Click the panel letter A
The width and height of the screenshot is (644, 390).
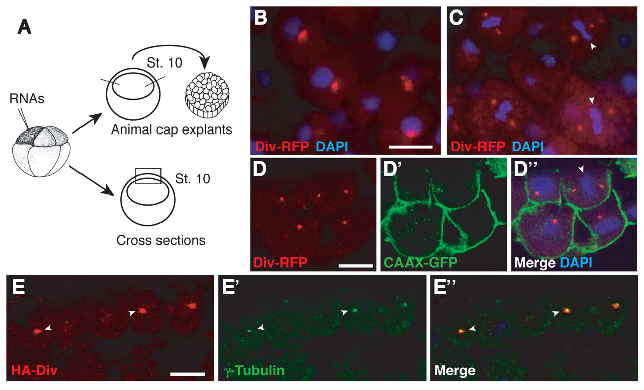pos(24,28)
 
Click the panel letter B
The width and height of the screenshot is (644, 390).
pos(261,18)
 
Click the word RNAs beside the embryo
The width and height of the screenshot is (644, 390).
pos(27,99)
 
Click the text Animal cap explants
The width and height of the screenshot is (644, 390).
pos(172,129)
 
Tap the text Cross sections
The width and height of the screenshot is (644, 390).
pos(161,240)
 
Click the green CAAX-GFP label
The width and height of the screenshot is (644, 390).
pos(421,263)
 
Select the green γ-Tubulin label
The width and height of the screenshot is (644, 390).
pos(254,370)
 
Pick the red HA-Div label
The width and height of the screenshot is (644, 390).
pos(34,370)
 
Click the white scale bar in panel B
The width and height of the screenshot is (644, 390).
pos(411,147)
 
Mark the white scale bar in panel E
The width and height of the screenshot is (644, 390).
pos(188,374)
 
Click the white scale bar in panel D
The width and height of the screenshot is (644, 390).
pos(356,265)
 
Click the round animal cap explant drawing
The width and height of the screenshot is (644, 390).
pos(207,95)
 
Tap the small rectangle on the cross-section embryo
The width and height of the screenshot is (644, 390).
pos(148,176)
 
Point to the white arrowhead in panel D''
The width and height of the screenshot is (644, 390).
pos(581,169)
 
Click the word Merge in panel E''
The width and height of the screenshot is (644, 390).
pos(455,370)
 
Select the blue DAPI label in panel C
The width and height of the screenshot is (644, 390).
pos(528,146)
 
